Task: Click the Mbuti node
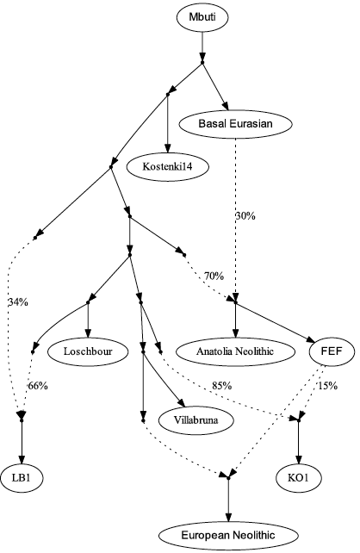coord(202,17)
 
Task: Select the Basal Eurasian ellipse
coord(235,124)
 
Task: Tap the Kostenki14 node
coord(168,166)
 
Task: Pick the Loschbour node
coord(88,351)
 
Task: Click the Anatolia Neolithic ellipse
coord(235,351)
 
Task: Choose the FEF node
coord(332,351)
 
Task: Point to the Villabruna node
coord(196,420)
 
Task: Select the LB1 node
coord(22,478)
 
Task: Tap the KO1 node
coord(299,478)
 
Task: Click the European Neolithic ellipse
coord(228,536)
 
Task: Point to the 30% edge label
coord(245,216)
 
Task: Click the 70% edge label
coord(214,276)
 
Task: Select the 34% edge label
coord(18,301)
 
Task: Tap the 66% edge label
coord(38,386)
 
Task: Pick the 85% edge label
coord(222,386)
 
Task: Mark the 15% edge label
coord(328,386)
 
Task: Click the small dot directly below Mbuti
coord(202,63)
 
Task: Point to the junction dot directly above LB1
coord(22,420)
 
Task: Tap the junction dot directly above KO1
coord(299,420)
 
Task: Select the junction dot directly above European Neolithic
coord(228,478)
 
